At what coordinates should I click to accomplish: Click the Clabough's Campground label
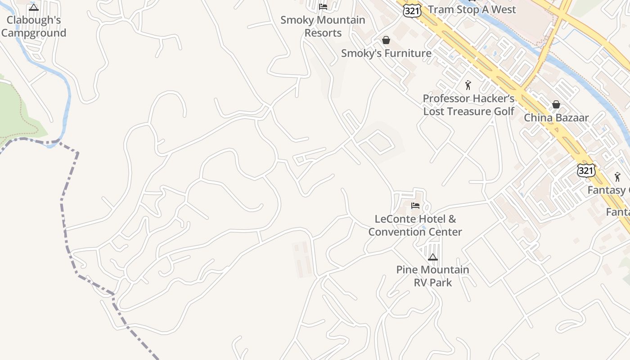click(34, 27)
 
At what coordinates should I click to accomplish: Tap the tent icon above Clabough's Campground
click(34, 7)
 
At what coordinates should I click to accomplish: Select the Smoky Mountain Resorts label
click(323, 27)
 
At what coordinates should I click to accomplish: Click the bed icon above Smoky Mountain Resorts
click(323, 6)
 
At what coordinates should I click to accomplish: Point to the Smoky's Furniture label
click(386, 53)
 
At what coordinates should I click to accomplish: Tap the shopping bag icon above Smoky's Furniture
click(386, 40)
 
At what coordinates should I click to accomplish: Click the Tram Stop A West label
click(472, 9)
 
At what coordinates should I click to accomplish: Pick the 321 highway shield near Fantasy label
click(586, 170)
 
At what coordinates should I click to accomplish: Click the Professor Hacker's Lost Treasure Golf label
click(468, 105)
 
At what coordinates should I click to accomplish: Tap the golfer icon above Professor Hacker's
click(468, 85)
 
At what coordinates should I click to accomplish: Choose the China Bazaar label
click(556, 118)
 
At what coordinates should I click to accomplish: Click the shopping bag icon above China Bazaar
click(556, 104)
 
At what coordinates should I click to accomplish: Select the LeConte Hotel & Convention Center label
click(415, 225)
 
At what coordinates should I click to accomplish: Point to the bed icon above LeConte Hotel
click(415, 206)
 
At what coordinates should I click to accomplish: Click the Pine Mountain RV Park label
click(432, 276)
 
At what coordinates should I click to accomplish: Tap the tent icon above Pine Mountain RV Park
click(432, 257)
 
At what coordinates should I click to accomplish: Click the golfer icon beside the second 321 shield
click(617, 177)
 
